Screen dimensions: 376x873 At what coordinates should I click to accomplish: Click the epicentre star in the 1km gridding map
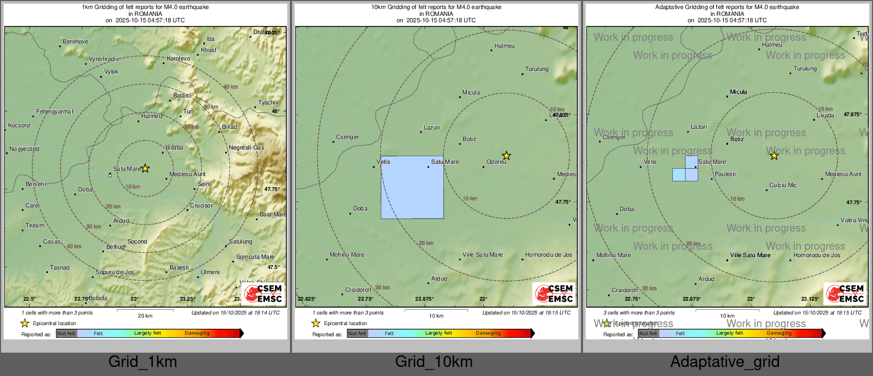(x=145, y=169)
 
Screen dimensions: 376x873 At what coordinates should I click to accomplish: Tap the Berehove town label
(x=75, y=41)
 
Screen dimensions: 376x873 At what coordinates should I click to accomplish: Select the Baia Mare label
(x=273, y=214)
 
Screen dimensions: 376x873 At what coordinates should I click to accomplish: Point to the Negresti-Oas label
(x=246, y=147)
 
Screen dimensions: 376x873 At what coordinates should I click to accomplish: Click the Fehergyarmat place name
(x=55, y=111)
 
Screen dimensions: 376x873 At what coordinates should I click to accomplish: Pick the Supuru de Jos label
(x=115, y=272)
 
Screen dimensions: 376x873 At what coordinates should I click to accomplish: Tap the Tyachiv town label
(x=268, y=102)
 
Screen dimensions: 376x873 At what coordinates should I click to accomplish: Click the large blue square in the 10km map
(x=412, y=187)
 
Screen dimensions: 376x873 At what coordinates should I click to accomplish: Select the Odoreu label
(x=497, y=162)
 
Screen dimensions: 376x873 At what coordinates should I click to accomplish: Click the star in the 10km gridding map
(x=507, y=155)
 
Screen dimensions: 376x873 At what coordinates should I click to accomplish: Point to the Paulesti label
(x=725, y=174)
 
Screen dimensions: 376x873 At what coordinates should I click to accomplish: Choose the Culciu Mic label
(x=783, y=185)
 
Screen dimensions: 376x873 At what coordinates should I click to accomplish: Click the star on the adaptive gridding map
(x=774, y=155)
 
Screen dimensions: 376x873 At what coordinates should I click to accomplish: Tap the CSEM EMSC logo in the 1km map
(x=262, y=293)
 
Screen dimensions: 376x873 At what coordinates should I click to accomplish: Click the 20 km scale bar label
(x=145, y=316)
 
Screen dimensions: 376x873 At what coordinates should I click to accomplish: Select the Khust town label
(x=208, y=50)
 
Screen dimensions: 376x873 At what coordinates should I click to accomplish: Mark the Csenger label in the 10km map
(x=347, y=137)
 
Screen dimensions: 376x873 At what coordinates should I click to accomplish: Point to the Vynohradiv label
(x=104, y=59)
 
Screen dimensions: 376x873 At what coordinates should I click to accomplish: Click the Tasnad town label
(x=59, y=267)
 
